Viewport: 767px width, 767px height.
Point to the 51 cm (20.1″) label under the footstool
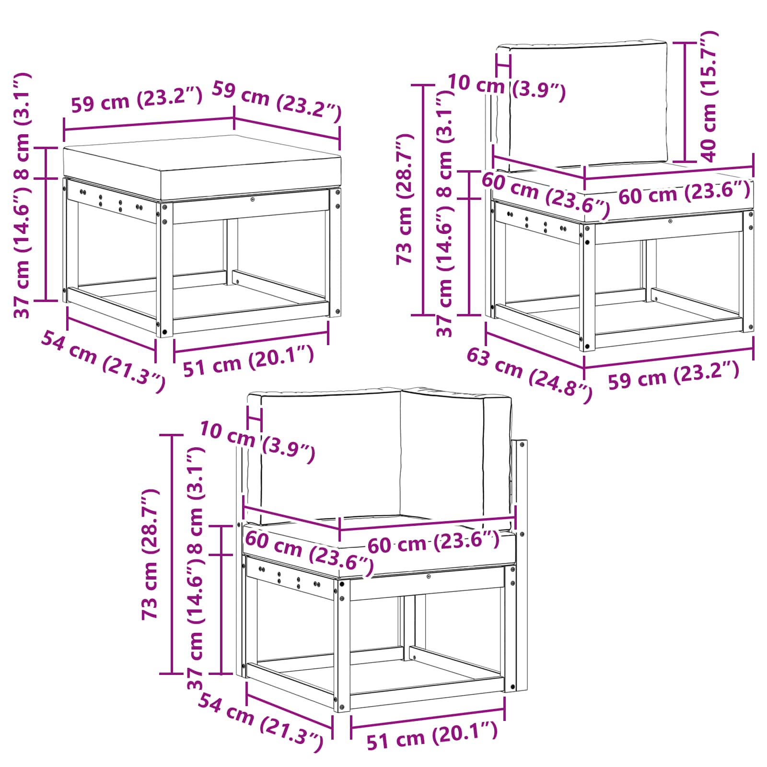coord(249,360)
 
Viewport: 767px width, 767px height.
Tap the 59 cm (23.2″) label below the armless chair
coord(674,375)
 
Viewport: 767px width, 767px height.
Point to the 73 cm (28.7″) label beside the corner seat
coord(151,554)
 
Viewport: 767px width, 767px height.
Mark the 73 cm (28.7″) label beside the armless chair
coord(405,198)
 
